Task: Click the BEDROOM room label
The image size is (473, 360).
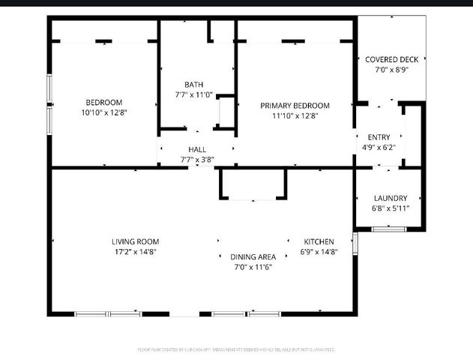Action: point(103,102)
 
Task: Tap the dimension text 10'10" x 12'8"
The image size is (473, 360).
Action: point(103,113)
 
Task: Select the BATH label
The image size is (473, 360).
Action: point(194,84)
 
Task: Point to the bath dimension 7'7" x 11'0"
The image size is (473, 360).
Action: point(194,95)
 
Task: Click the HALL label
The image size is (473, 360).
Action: point(197,149)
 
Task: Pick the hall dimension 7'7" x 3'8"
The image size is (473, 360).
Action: point(197,160)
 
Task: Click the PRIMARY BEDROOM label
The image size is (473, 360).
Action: point(295,106)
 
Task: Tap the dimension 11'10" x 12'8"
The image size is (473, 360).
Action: point(295,116)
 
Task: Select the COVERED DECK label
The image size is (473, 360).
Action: point(391,58)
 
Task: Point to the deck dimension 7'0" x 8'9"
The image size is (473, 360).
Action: point(391,70)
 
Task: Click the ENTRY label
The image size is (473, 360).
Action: point(379,136)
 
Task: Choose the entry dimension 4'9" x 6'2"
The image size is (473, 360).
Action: point(379,148)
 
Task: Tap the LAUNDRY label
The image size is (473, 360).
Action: point(391,198)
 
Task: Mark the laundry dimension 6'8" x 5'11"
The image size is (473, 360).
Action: point(391,208)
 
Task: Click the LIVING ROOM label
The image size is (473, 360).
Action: point(135,241)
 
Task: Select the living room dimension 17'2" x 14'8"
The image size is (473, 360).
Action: point(135,252)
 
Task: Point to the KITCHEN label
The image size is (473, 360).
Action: point(319,241)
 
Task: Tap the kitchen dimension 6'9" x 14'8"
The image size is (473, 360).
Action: point(319,252)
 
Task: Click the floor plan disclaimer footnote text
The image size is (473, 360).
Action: point(236,349)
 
